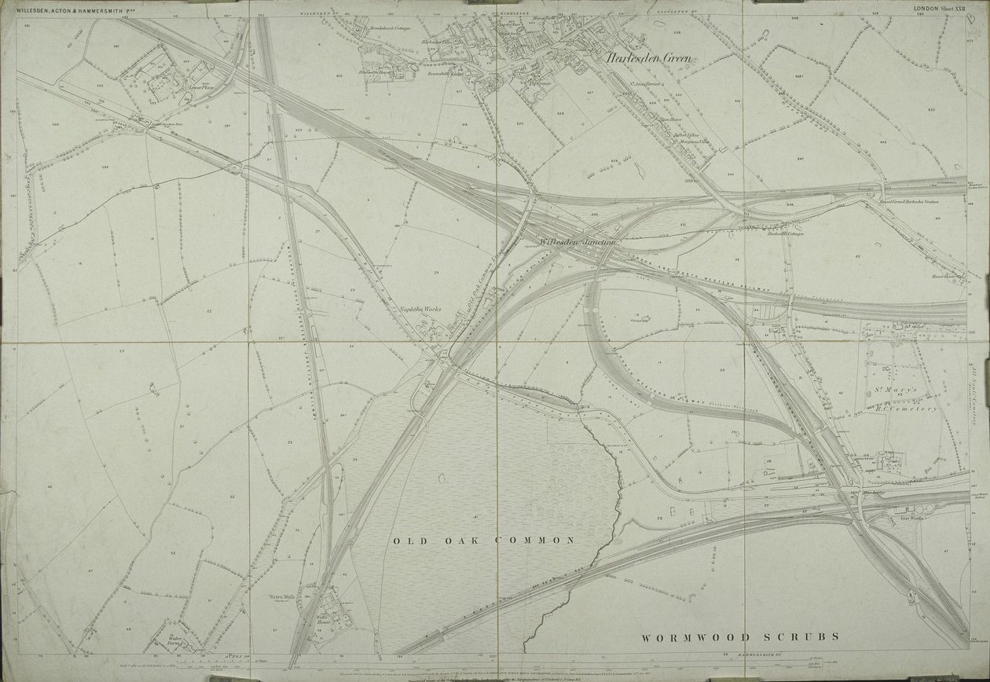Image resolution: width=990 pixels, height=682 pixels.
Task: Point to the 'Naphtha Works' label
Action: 420,310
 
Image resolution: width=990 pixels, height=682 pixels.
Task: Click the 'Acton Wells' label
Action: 281,597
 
